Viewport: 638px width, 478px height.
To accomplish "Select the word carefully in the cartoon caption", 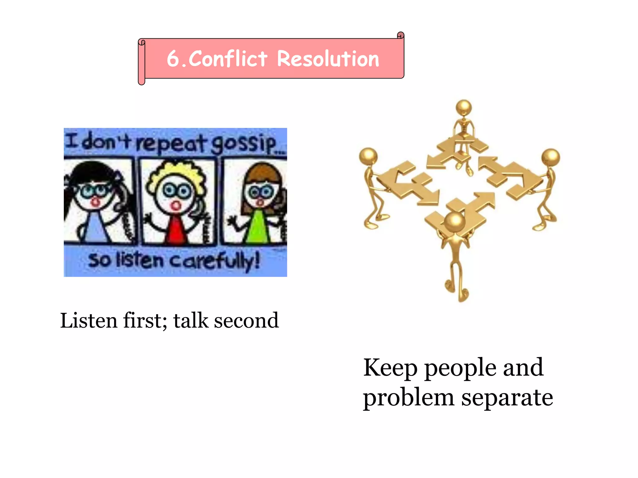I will click(215, 261).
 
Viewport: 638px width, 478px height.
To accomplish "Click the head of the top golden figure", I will click(464, 107).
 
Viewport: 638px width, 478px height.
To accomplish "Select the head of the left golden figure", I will click(368, 156).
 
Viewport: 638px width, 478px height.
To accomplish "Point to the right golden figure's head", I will click(551, 157).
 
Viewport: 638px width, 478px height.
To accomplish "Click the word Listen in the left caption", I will click(89, 321).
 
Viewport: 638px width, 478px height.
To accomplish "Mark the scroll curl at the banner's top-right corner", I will click(401, 35).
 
